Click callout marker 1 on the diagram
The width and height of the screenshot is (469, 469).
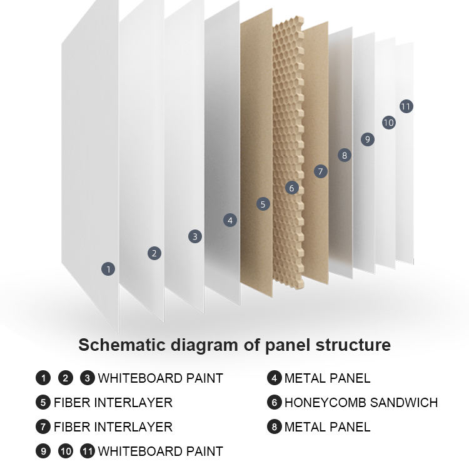pos(108,269)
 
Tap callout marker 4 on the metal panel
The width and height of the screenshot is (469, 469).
pos(230,221)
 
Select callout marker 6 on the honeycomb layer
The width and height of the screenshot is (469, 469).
pos(291,188)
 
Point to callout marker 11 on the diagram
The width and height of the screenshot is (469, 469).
pos(406,106)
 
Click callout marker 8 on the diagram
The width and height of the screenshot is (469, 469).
pos(345,155)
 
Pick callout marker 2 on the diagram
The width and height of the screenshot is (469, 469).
pos(154,253)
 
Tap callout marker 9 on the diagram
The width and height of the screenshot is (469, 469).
pos(368,139)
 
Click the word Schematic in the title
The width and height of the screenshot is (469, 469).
pos(122,345)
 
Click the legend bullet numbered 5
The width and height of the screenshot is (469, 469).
pos(43,402)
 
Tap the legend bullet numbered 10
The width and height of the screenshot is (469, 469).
pos(66,451)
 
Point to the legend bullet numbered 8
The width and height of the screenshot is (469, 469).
pos(275,427)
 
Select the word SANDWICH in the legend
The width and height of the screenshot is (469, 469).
pos(404,403)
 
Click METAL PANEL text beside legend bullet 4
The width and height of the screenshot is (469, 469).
pos(327,378)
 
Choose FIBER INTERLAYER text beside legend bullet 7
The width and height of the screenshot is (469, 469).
pos(113,427)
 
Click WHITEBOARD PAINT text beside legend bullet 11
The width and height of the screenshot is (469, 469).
pos(161,451)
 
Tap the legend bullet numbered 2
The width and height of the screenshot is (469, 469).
pos(66,378)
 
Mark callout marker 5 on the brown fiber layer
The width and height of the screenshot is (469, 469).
pos(263,204)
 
